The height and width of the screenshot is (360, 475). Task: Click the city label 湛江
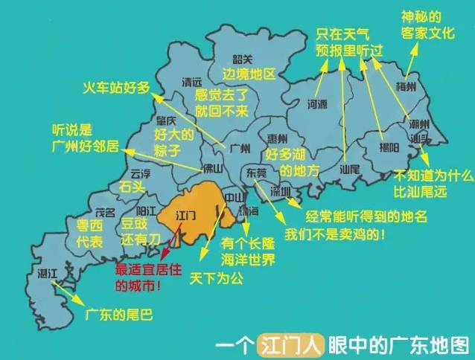coord(47,274)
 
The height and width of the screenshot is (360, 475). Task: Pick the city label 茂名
coord(104,212)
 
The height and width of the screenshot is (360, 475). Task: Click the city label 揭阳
coord(389,149)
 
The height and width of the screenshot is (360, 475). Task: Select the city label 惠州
coord(278,139)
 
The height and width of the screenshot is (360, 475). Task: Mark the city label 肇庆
coord(165,120)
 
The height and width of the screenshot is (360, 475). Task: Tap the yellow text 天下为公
coord(214,279)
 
